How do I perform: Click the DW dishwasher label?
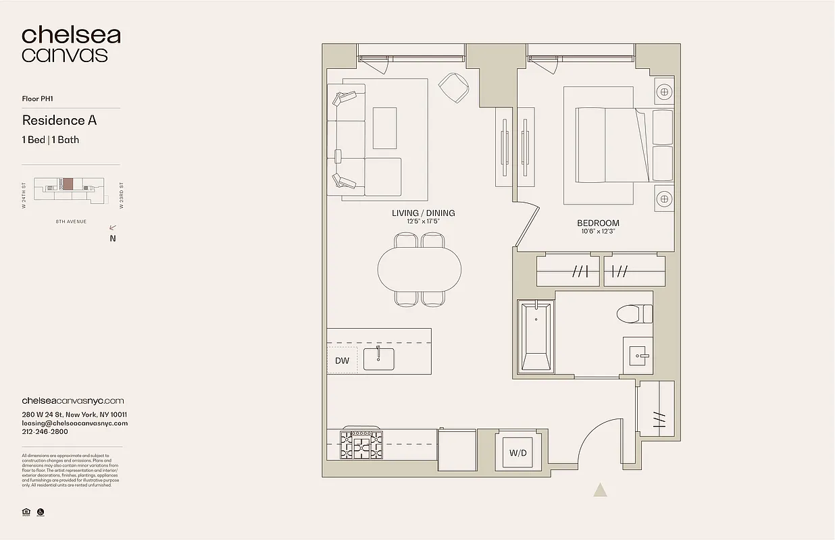click(343, 360)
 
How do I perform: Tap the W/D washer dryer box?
click(518, 453)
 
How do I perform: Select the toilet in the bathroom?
click(635, 314)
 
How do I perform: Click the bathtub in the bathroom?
click(535, 336)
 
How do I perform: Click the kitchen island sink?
click(379, 358)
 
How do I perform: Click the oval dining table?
click(420, 269)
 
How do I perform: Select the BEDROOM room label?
click(598, 223)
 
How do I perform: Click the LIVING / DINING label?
click(424, 213)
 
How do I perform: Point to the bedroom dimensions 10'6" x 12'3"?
click(598, 232)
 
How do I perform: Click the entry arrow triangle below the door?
click(600, 490)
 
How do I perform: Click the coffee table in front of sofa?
click(384, 128)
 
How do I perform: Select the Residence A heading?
click(59, 120)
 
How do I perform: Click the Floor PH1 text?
click(38, 99)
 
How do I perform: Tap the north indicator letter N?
click(113, 238)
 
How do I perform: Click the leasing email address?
click(75, 423)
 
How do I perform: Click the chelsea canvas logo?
click(71, 45)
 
